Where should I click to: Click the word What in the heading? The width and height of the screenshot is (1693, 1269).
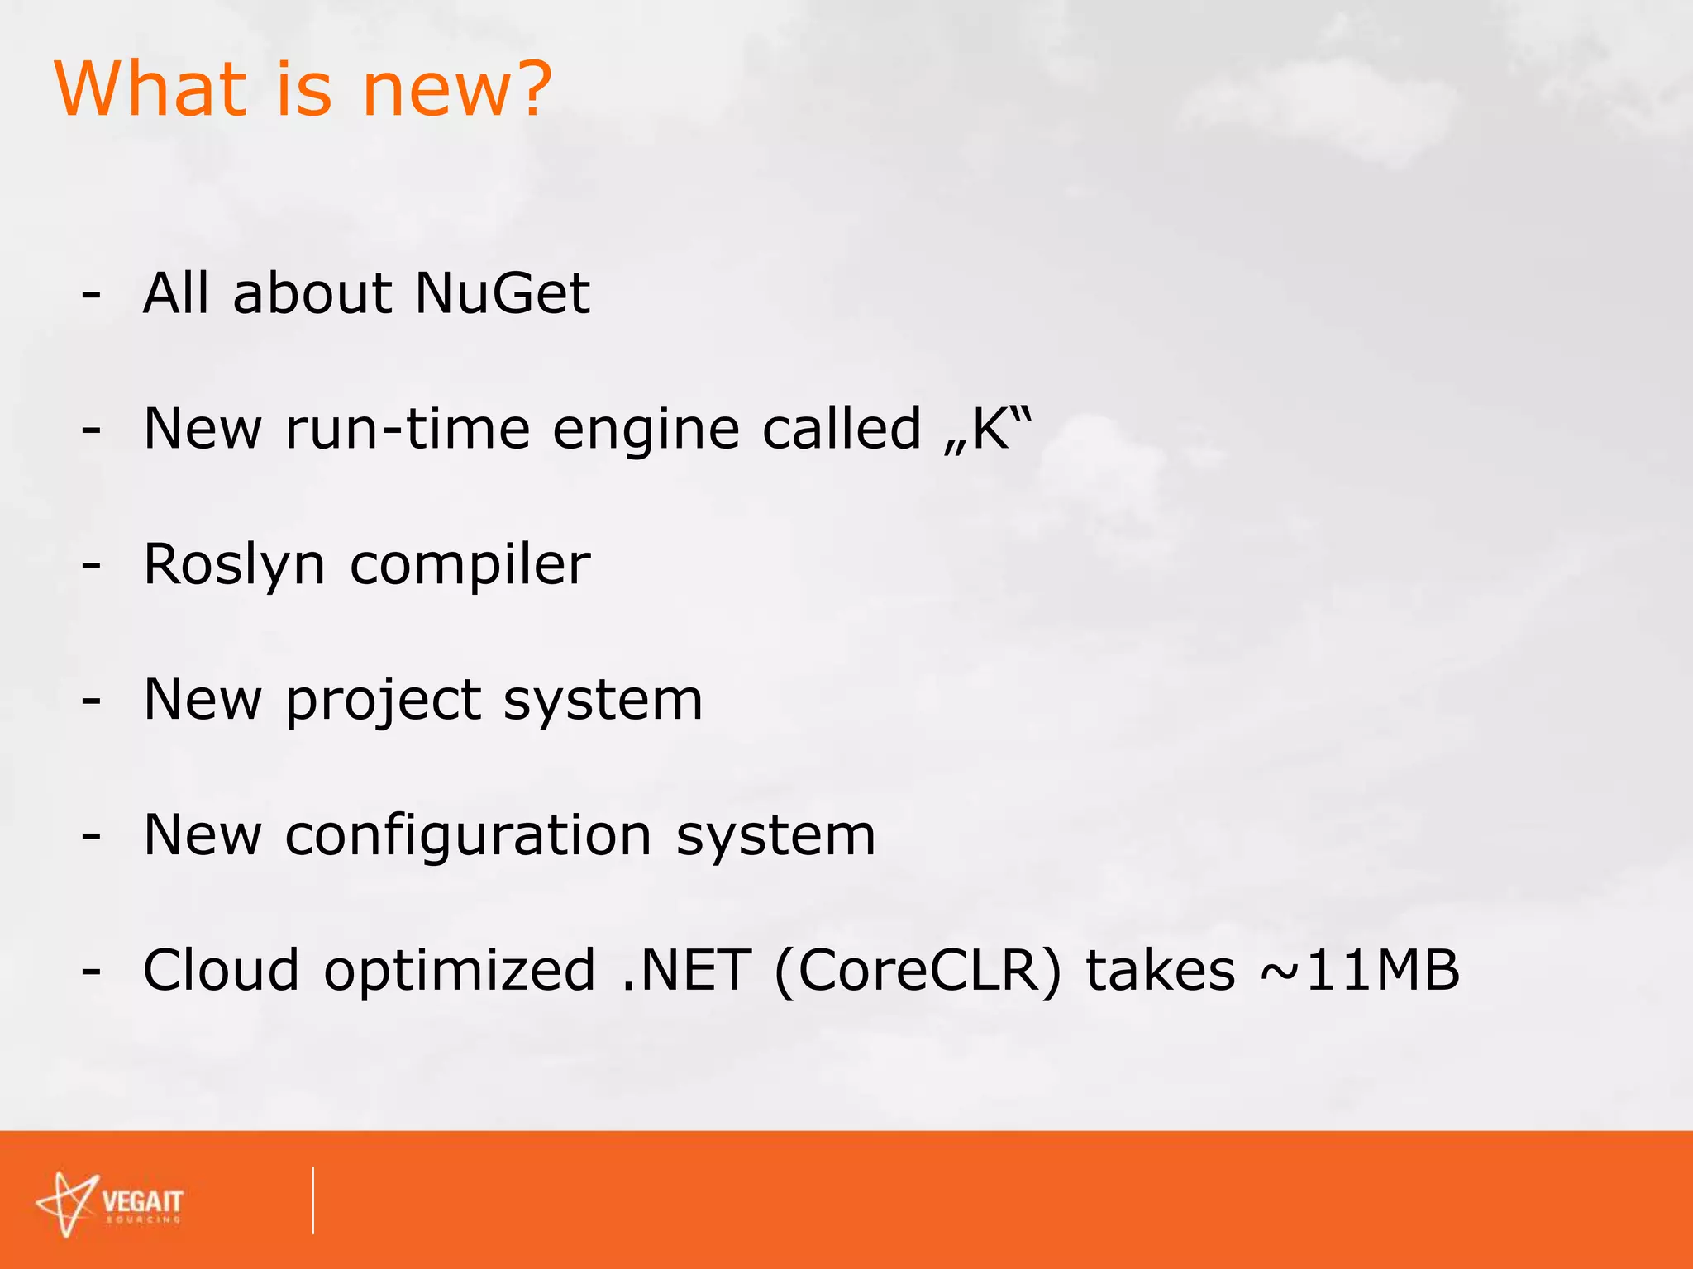[151, 88]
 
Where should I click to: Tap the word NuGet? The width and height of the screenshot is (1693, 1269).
[503, 293]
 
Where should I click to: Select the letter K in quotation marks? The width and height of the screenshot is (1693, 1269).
[990, 429]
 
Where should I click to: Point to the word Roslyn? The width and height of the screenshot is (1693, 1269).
[235, 565]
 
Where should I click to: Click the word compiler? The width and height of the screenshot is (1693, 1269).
[470, 565]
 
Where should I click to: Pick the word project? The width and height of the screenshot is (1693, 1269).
[383, 701]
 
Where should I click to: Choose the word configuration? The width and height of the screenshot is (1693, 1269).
[469, 836]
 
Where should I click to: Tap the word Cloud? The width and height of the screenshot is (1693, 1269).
[221, 970]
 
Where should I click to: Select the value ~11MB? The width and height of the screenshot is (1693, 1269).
[1359, 970]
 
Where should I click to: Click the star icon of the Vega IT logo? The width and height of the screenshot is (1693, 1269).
[66, 1203]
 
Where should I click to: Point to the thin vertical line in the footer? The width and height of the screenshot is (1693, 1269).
[313, 1200]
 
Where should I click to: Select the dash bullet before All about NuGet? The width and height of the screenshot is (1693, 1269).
[92, 295]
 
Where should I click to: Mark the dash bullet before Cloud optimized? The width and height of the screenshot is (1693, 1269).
[92, 972]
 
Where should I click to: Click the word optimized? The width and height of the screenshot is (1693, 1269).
[460, 972]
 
